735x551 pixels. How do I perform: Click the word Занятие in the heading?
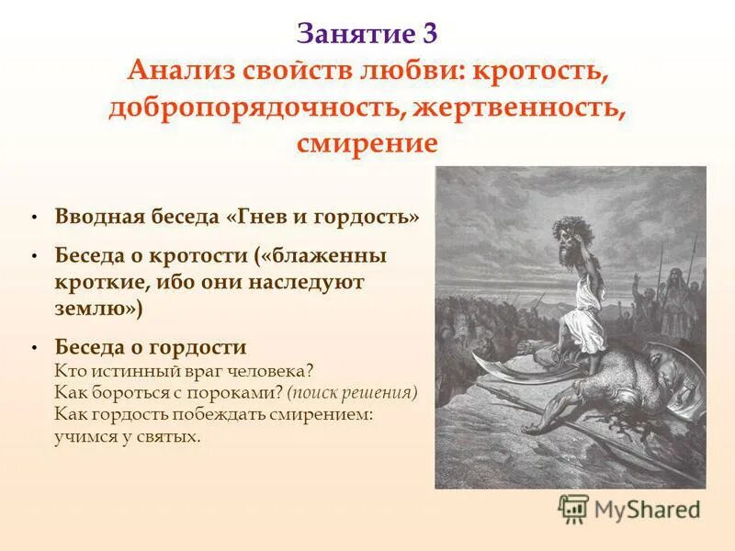click(353, 34)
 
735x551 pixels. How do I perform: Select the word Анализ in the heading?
click(175, 72)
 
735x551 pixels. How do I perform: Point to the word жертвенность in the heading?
click(519, 108)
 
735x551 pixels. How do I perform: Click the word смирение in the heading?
click(367, 144)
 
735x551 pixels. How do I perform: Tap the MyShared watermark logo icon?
click(573, 509)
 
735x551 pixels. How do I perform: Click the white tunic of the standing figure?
click(577, 317)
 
